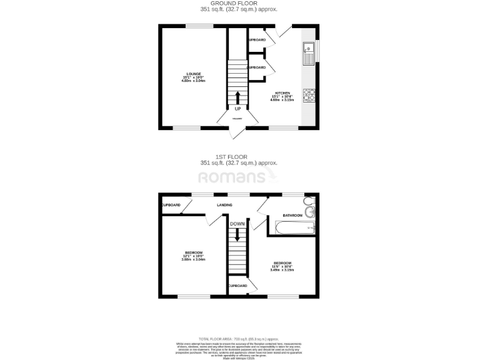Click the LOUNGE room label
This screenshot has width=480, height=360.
tap(186, 74)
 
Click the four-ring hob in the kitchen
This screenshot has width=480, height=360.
tap(309, 95)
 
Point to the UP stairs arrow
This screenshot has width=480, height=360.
tap(237, 97)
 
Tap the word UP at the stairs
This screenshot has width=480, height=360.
tap(237, 108)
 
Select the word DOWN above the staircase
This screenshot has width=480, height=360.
tap(237, 224)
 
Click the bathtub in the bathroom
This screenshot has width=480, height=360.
tap(292, 228)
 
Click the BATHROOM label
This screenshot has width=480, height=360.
tap(292, 215)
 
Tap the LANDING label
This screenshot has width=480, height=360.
tap(225, 205)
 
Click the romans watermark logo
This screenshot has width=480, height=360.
tap(239, 177)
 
